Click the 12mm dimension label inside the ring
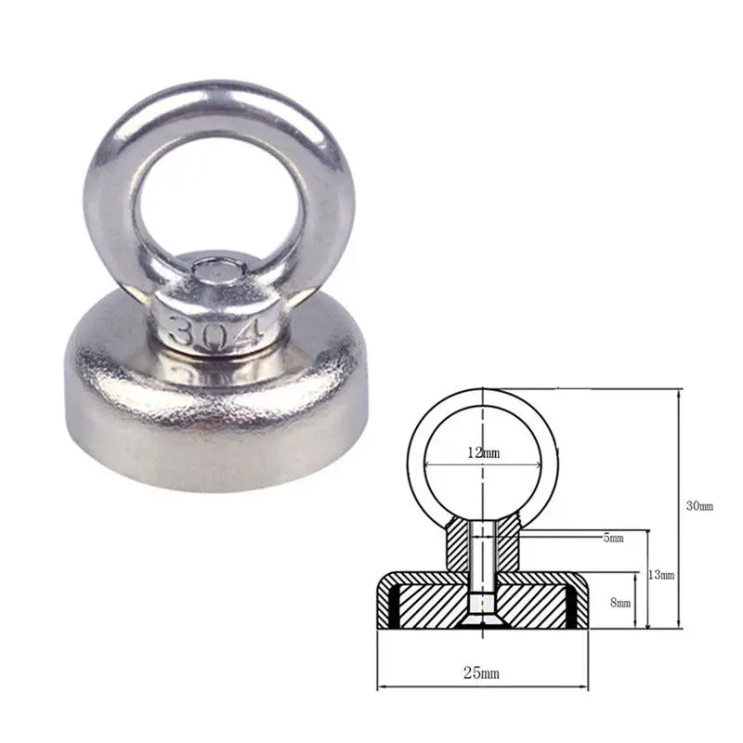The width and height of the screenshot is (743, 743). [483, 453]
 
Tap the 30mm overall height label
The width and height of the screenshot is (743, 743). [699, 506]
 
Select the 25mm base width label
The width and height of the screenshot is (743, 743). [481, 672]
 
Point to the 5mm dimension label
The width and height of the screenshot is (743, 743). [613, 538]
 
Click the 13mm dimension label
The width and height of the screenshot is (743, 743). [661, 575]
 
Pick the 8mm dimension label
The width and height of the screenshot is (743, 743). [620, 603]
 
